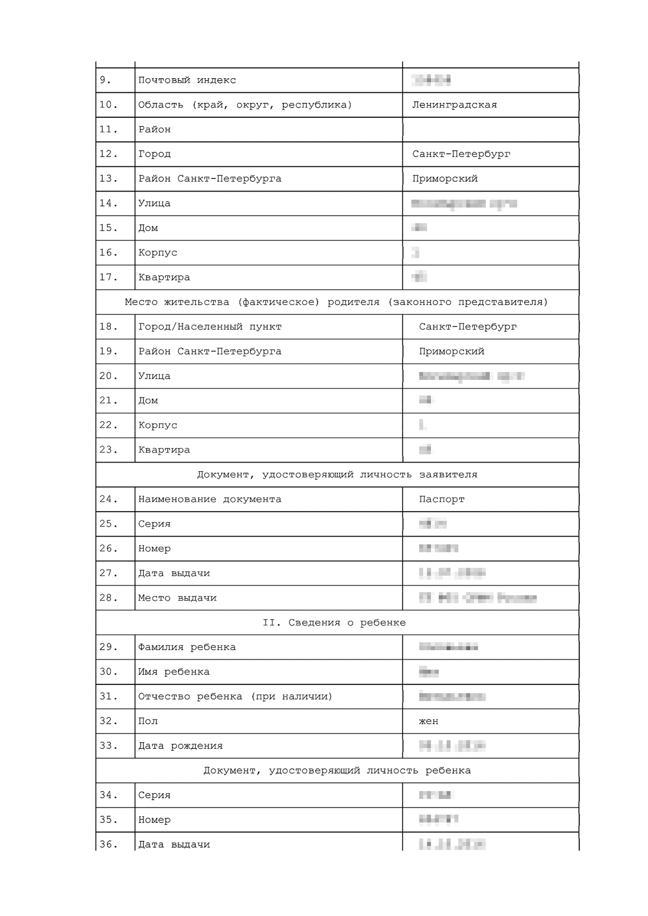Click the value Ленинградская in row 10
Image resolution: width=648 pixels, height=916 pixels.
click(x=454, y=105)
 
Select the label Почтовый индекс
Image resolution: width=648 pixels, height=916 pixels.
click(x=187, y=80)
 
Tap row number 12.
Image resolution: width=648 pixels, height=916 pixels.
click(x=108, y=154)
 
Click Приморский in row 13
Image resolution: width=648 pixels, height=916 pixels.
click(x=445, y=179)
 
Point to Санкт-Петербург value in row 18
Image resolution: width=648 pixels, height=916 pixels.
click(x=468, y=327)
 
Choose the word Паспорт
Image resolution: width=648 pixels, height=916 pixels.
click(x=442, y=499)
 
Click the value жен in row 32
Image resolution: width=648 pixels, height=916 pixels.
click(x=429, y=721)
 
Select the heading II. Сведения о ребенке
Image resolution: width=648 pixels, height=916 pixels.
click(x=334, y=622)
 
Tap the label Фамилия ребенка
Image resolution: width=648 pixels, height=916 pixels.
click(x=187, y=647)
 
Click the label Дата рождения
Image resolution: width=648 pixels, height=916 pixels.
click(x=180, y=746)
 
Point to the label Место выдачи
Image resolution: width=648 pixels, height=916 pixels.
click(x=177, y=598)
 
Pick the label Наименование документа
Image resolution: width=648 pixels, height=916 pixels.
click(x=210, y=499)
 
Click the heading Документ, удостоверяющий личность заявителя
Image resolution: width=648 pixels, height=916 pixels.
click(x=337, y=474)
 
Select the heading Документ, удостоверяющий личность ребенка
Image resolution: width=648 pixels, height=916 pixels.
click(x=337, y=770)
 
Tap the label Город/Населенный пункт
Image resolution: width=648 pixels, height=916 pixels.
click(x=210, y=327)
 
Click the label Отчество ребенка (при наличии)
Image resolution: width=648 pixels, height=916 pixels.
click(x=235, y=696)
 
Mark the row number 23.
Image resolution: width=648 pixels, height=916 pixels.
click(x=108, y=450)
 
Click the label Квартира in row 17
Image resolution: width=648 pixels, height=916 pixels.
click(x=164, y=277)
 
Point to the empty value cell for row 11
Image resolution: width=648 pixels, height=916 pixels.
click(x=490, y=130)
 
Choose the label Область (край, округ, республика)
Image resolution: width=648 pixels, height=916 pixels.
click(x=245, y=105)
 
